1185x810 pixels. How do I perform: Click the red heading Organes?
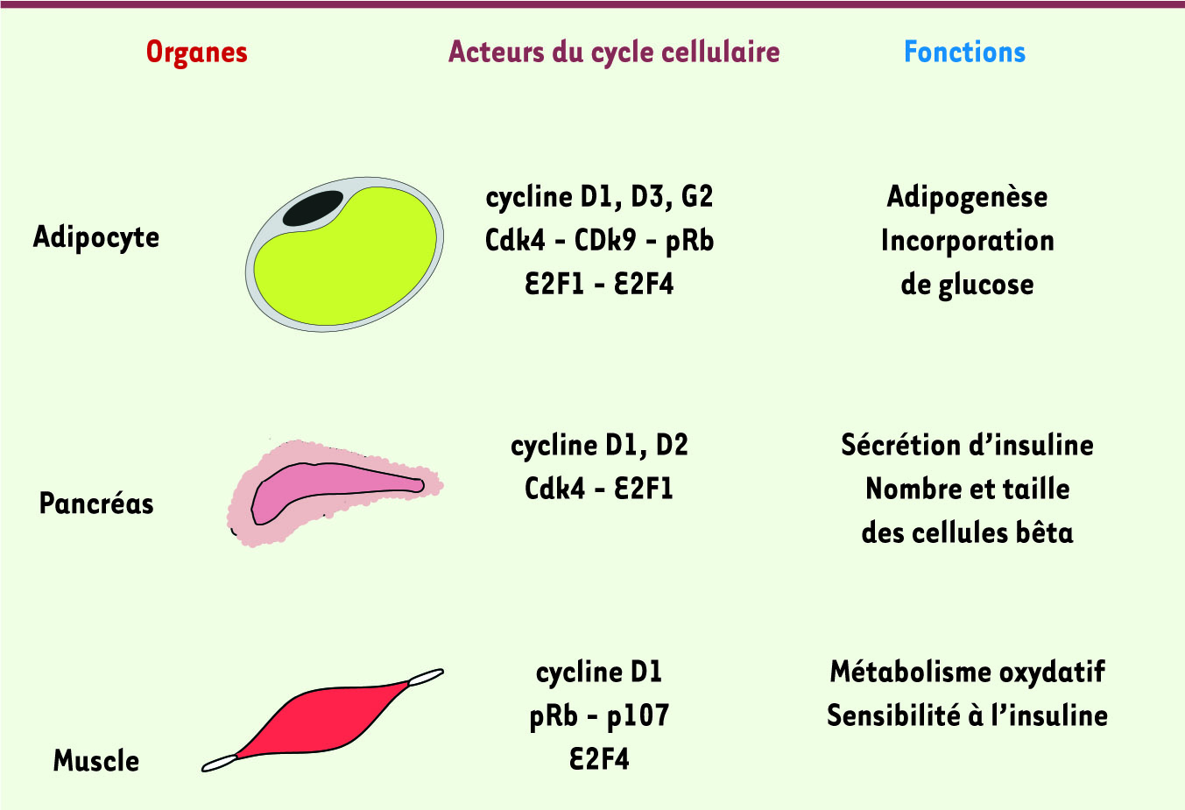(x=197, y=53)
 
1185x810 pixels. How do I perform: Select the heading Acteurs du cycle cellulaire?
(x=614, y=53)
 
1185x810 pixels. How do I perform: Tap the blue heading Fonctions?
(x=964, y=53)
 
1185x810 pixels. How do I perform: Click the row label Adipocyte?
(x=96, y=237)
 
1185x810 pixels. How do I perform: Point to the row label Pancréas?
(x=96, y=504)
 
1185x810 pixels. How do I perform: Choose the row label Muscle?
(x=96, y=760)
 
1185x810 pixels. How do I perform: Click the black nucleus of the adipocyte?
(x=312, y=208)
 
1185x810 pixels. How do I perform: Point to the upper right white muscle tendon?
(x=426, y=677)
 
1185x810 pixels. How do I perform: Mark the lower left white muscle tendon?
(x=219, y=764)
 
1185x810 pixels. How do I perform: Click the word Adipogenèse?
(x=967, y=197)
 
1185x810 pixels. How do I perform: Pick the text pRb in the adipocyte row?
(x=689, y=241)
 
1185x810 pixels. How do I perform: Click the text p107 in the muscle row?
(x=638, y=716)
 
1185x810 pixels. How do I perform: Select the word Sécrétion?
(x=899, y=445)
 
